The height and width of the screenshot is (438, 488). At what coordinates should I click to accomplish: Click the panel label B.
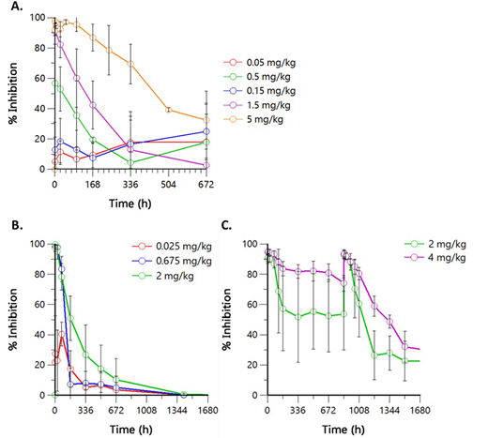[x=11, y=226]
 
